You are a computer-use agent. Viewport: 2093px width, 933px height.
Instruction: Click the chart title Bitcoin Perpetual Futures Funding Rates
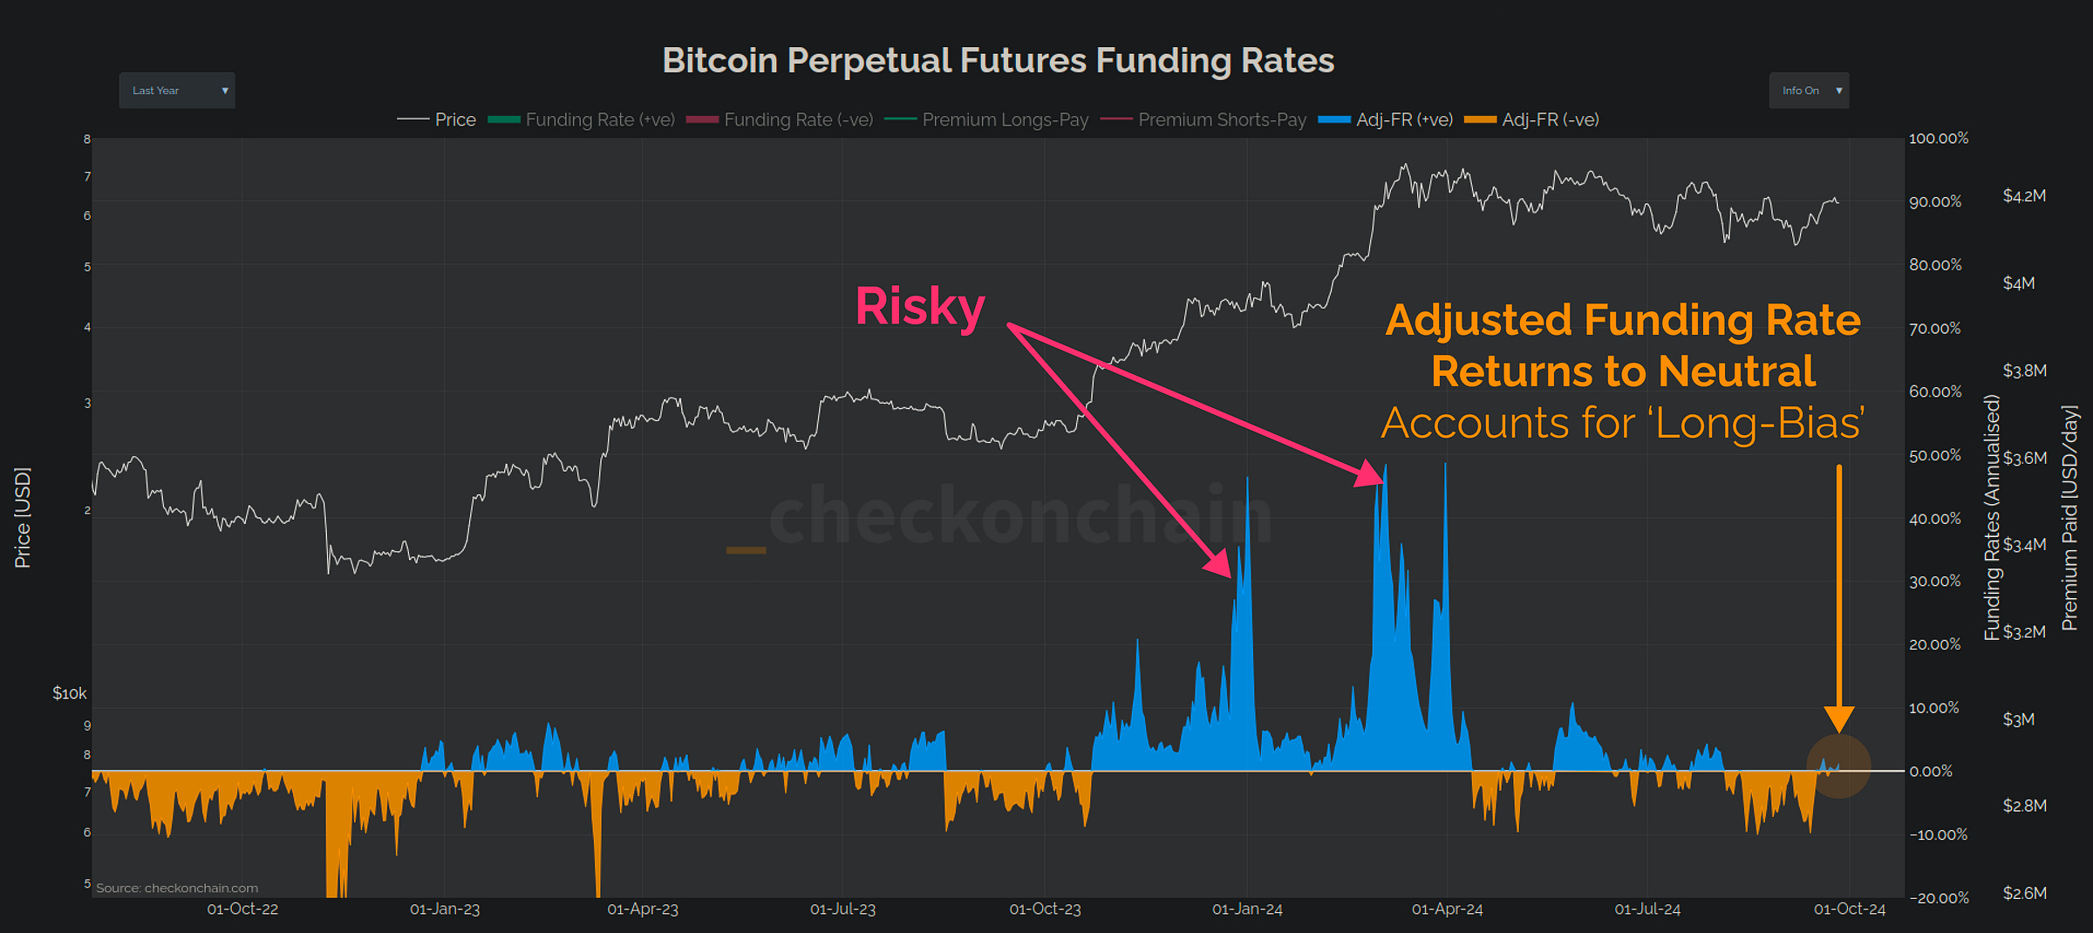point(998,61)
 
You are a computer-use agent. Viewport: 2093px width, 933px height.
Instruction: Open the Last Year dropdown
point(177,91)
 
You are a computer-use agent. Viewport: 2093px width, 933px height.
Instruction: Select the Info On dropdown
point(1808,91)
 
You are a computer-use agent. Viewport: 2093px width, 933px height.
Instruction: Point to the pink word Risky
point(919,307)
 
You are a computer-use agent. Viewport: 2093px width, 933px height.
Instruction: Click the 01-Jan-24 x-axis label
point(1247,909)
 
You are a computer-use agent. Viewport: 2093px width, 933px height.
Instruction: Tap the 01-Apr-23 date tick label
point(643,909)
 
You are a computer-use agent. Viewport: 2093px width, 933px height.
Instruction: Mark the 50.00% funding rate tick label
point(1934,456)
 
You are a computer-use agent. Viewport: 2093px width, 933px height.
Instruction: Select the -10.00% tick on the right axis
point(1938,835)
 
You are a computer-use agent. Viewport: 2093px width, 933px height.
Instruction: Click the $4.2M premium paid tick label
point(2024,196)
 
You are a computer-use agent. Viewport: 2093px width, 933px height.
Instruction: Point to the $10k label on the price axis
point(70,694)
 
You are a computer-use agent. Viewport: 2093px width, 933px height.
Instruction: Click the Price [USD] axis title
point(23,518)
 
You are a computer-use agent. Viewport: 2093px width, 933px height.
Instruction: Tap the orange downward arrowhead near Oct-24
point(1839,719)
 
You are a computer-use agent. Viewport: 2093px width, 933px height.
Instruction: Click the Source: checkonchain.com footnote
point(177,889)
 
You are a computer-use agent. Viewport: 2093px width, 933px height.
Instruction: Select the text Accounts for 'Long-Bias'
point(1622,425)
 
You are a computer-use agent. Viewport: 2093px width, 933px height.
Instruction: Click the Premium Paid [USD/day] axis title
point(2069,518)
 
